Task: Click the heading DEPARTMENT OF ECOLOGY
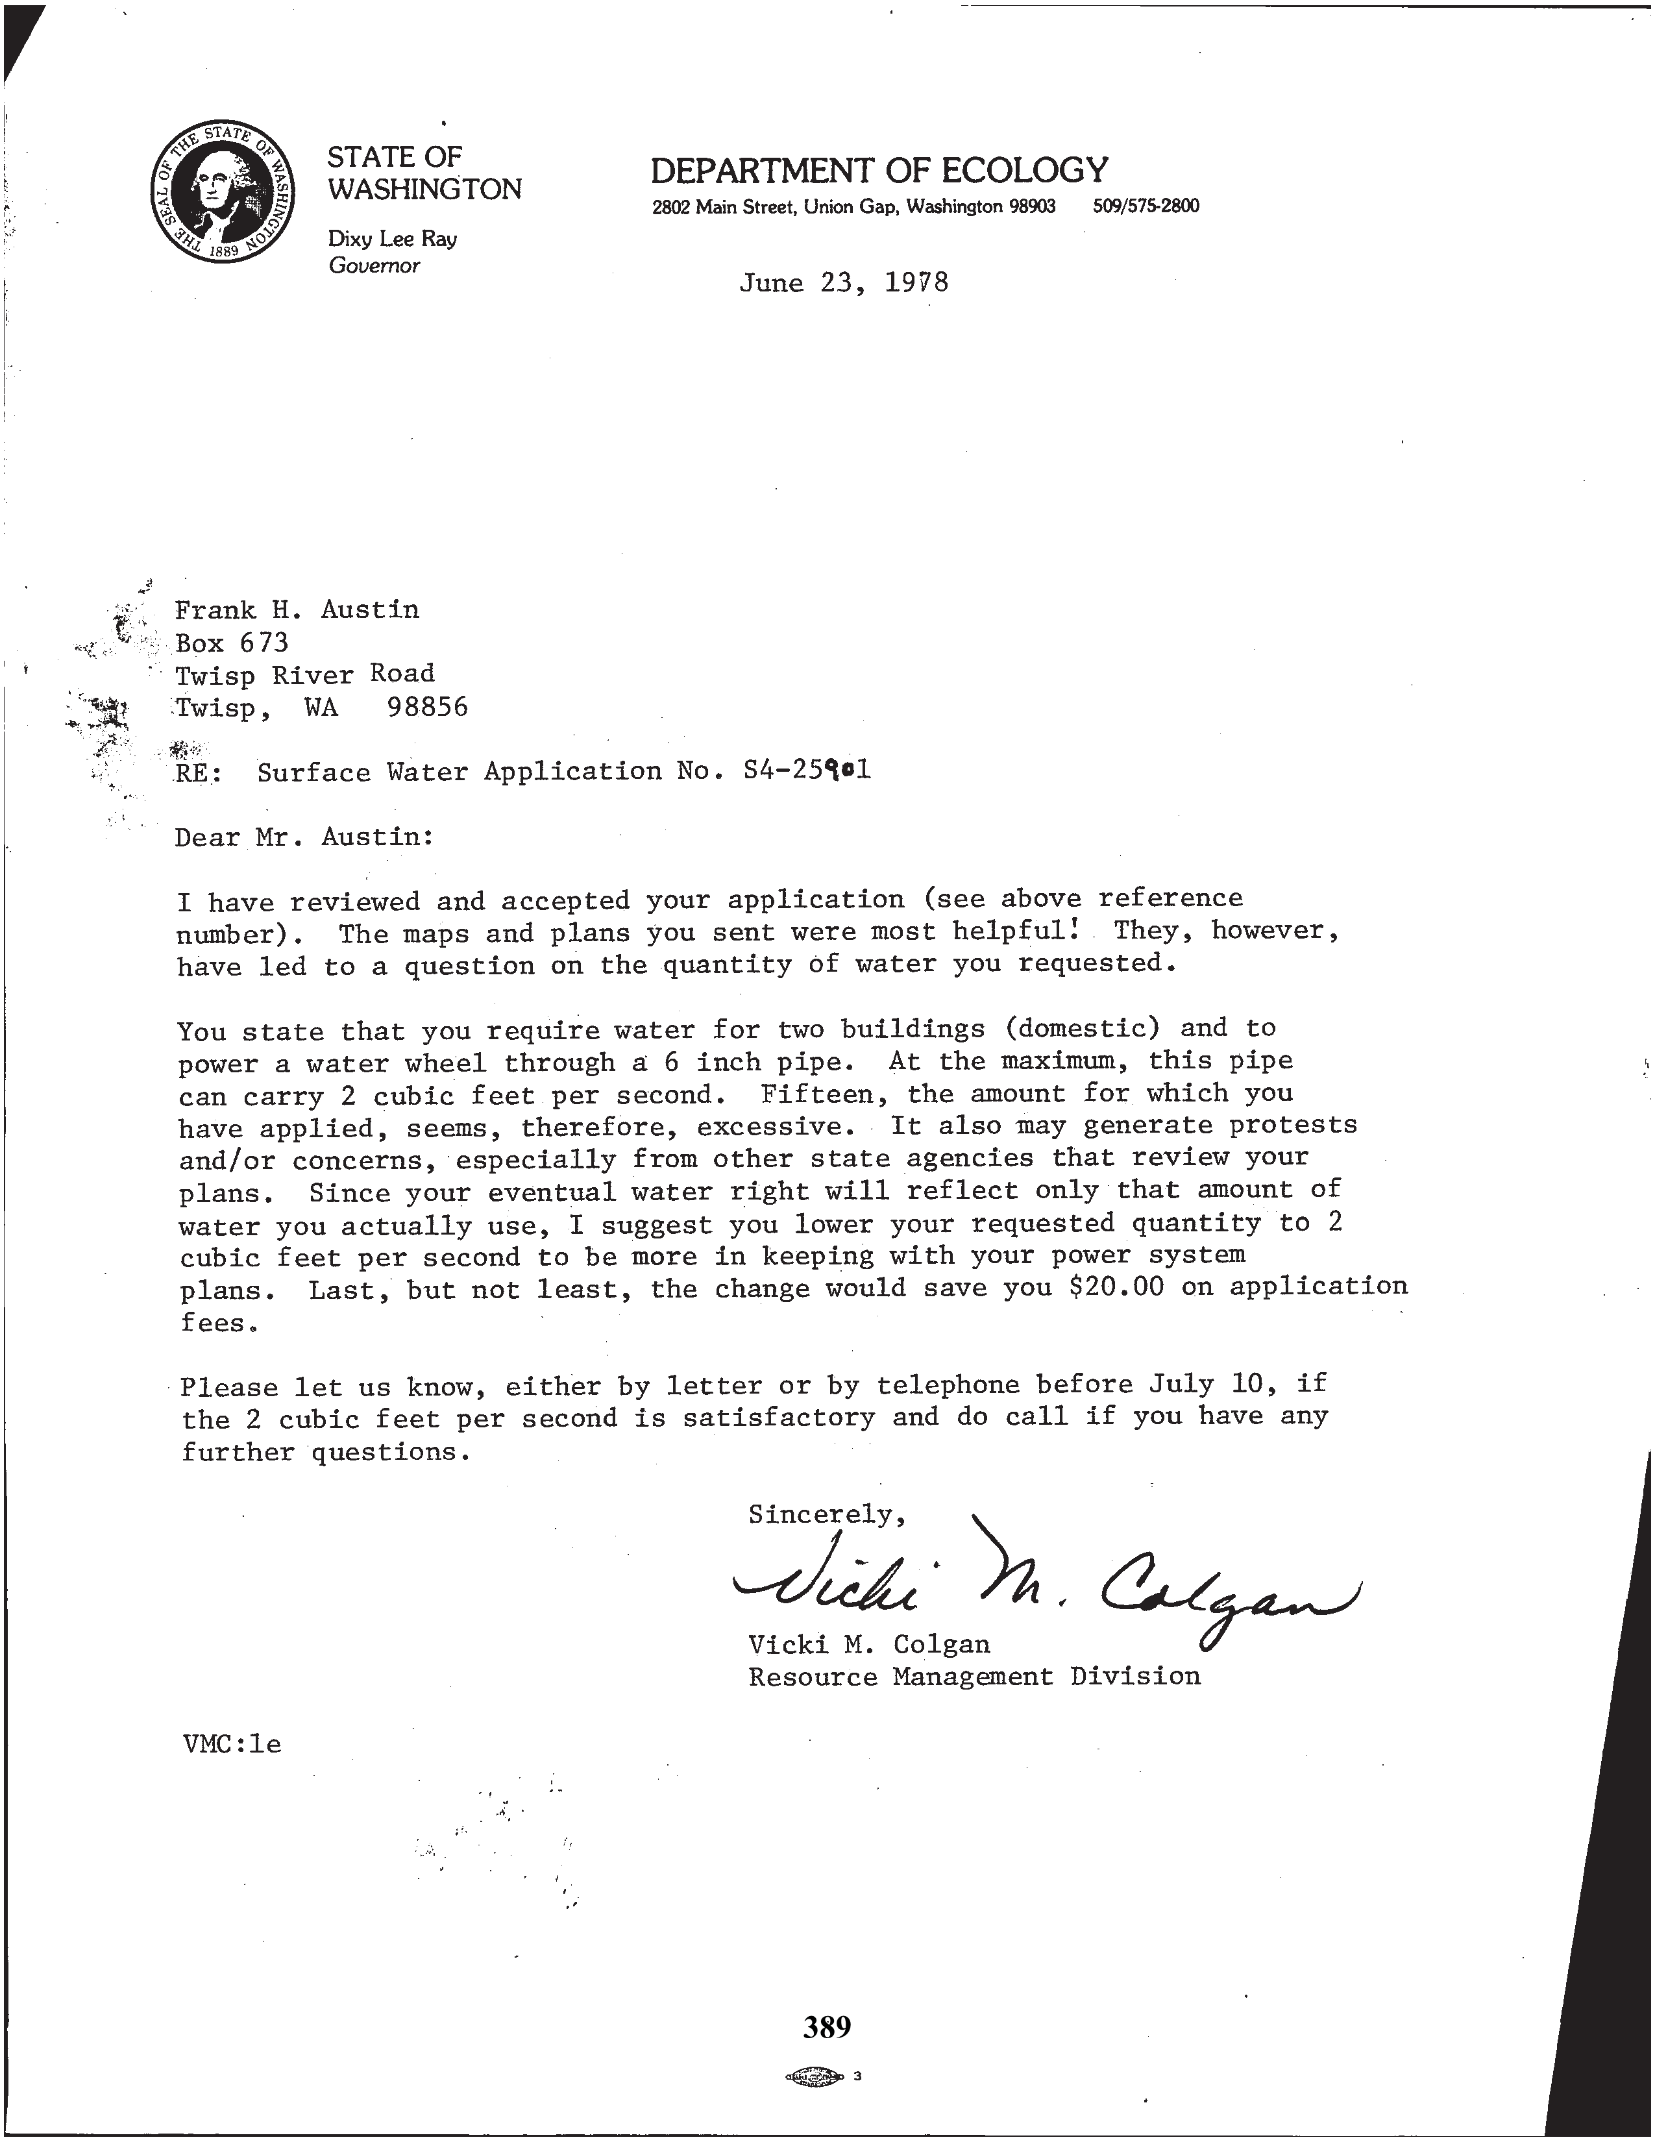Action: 879,171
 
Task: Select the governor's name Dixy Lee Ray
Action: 392,238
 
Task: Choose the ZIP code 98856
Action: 428,707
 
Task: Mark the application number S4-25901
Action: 807,771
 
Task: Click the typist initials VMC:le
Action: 232,1745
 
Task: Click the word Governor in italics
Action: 374,265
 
